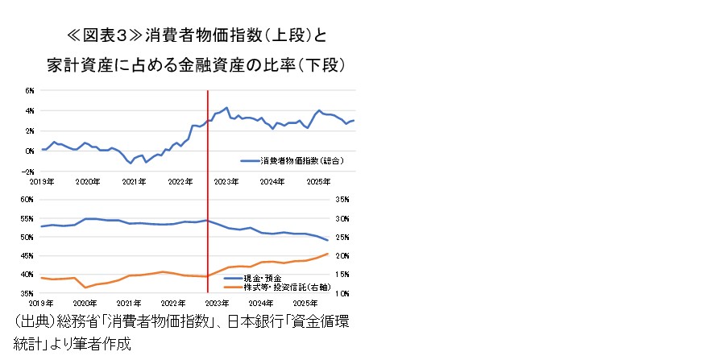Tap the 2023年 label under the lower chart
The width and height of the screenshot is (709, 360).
(x=217, y=304)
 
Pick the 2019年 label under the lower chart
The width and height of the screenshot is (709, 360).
(x=40, y=304)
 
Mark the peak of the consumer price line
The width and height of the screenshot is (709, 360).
(x=227, y=107)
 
